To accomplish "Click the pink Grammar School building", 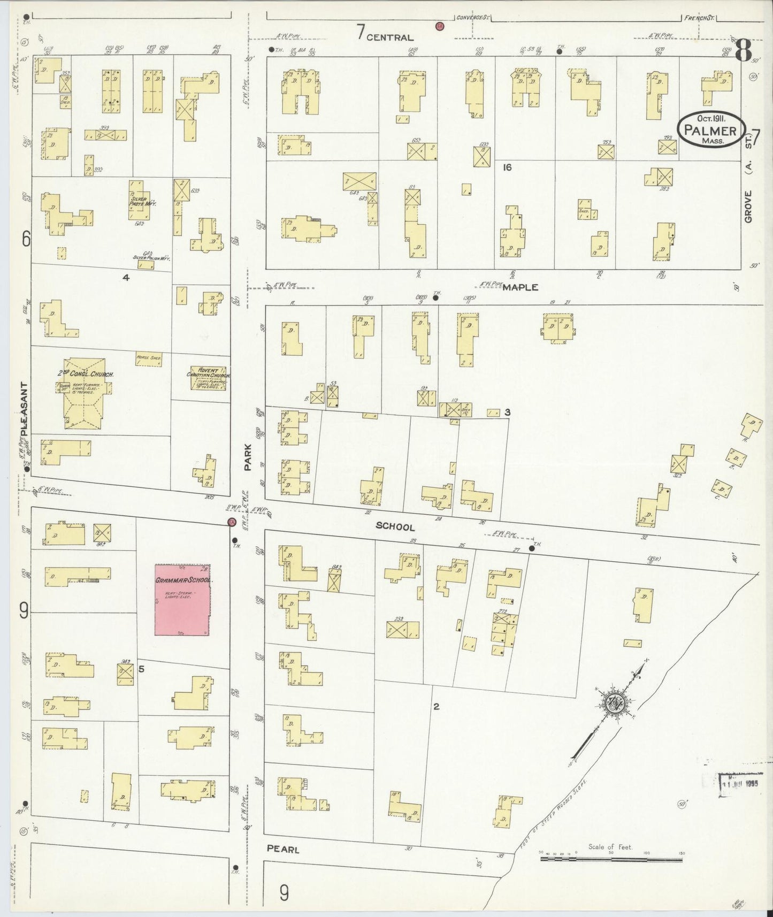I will pos(182,599).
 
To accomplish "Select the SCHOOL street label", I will pos(395,526).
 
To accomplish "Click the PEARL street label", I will pos(282,849).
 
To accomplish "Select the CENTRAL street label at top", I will pos(390,37).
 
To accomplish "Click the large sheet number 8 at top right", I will pos(744,52).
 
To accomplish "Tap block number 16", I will pos(507,167).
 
